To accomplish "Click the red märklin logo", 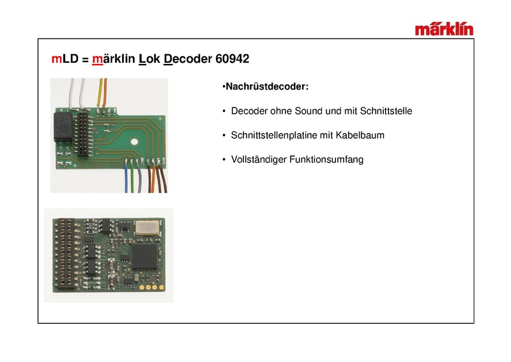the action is coord(444,29).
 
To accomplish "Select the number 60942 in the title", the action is coord(233,59).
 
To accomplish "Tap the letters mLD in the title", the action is coord(65,59).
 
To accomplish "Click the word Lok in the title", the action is coord(149,59).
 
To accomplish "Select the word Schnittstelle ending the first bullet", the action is coord(386,111).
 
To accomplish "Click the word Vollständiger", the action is coord(259,160).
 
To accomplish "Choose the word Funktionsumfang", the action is coord(326,160).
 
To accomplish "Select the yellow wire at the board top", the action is coord(100,93).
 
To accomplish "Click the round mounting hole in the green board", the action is coord(134,142).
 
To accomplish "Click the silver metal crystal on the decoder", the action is coord(146,227).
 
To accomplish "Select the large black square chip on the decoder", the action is coord(145,257).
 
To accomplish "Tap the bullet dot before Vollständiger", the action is coord(224,160).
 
